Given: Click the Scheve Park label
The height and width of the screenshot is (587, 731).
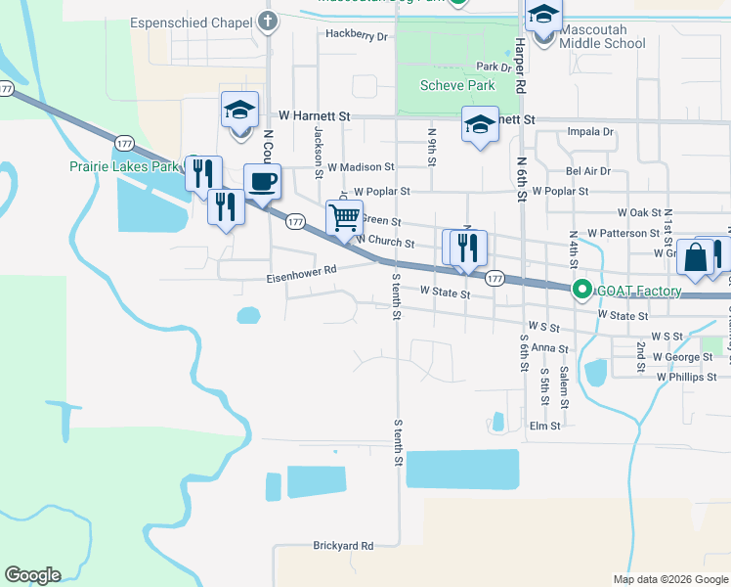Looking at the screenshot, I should click(x=457, y=85).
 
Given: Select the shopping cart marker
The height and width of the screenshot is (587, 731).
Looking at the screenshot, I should click(x=344, y=218).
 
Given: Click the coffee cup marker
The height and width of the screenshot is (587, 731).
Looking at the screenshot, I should click(x=262, y=181).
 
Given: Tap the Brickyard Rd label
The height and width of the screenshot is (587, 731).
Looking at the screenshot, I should click(x=343, y=546).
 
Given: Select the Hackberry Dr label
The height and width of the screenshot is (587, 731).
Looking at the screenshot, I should click(x=357, y=35).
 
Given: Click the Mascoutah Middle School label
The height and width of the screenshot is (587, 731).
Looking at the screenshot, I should click(x=603, y=43).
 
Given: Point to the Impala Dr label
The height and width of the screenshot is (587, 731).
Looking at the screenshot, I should click(x=590, y=131).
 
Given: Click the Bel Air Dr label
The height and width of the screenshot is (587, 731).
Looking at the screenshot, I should click(x=588, y=170).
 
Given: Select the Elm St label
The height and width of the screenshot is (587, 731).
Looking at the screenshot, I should click(x=544, y=426).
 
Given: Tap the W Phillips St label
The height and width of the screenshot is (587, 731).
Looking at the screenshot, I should click(x=686, y=376).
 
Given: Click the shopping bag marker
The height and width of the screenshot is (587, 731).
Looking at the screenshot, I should click(x=695, y=258).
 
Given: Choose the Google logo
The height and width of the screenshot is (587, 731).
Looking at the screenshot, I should click(x=32, y=574).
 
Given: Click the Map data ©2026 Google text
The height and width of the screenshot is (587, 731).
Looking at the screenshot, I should click(x=670, y=579).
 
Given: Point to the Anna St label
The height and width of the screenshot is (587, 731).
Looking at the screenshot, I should click(x=550, y=348).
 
